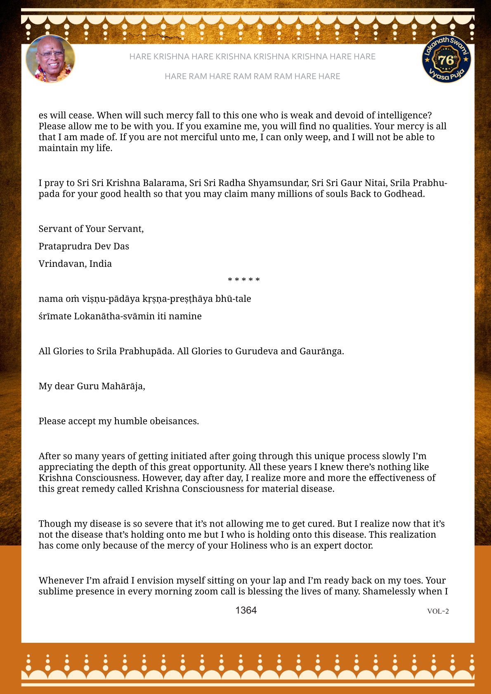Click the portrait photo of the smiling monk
pos(50,59)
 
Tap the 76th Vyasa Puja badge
pos(446,59)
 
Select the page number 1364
pos(246,610)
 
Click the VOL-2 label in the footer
pos(438,611)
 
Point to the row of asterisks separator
pos(244,280)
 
